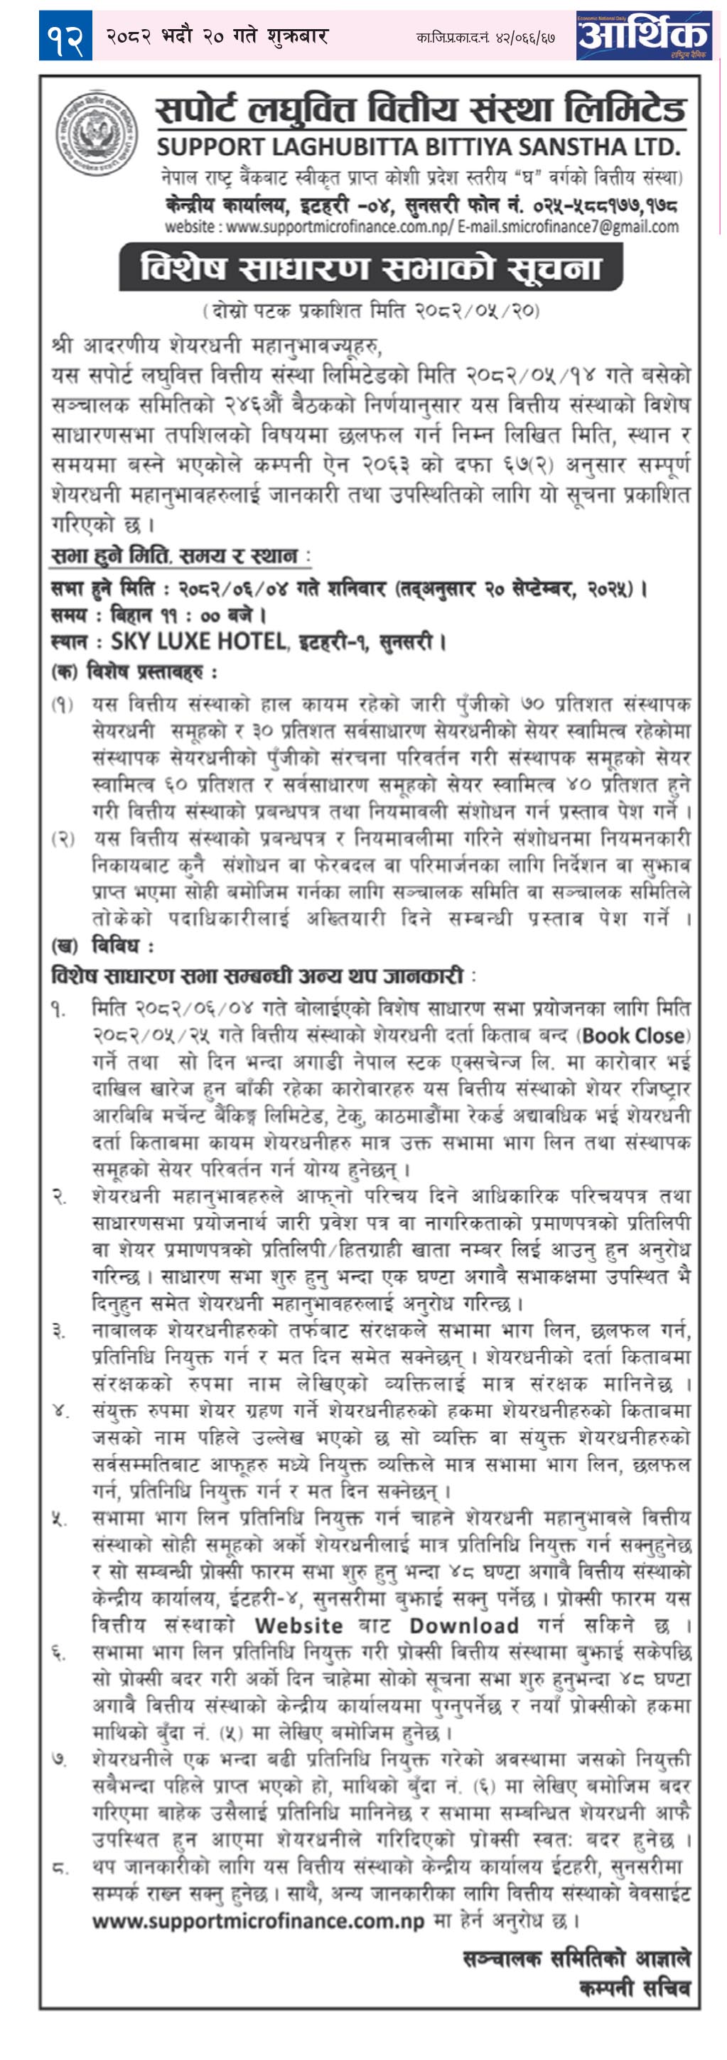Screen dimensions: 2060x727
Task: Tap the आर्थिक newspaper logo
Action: coord(643,36)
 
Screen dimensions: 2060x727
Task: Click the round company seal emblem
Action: coord(97,133)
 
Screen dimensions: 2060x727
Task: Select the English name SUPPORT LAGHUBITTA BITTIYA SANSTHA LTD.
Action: coord(419,147)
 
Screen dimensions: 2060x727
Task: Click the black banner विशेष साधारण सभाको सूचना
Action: coord(370,267)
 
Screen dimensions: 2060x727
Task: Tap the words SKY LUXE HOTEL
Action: coord(198,641)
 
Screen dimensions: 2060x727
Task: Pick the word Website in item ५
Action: coord(298,1625)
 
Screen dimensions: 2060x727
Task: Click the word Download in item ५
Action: coord(464,1625)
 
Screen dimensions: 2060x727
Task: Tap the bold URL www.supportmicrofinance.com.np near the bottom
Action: coord(257,1921)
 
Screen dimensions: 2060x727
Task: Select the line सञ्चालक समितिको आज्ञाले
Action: coord(576,1958)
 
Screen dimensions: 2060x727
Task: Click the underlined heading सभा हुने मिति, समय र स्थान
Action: coord(174,555)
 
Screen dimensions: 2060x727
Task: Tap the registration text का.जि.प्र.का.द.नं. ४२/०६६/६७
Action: coord(485,38)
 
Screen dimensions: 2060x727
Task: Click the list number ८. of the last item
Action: coord(60,1868)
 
